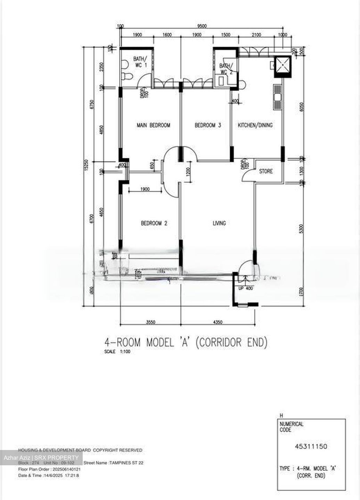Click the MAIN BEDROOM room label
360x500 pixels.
tap(153, 125)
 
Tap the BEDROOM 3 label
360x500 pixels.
tap(207, 125)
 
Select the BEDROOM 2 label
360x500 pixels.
tap(154, 223)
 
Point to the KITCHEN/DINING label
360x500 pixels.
tap(255, 125)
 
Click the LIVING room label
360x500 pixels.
tap(219, 223)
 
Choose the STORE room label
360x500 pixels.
tap(266, 171)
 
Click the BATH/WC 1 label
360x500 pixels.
tap(140, 61)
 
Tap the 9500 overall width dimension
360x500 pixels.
tap(202, 26)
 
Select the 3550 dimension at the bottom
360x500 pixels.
tap(150, 322)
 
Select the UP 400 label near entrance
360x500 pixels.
tap(246, 288)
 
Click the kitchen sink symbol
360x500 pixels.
tap(277, 97)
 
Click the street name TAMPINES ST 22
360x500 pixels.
tap(126, 463)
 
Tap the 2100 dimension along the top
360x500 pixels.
tap(256, 35)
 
